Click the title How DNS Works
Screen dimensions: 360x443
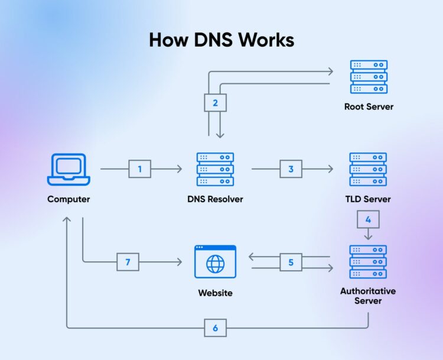tap(221, 40)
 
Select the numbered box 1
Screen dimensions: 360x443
tap(140, 169)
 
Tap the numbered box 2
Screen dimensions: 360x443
tap(215, 103)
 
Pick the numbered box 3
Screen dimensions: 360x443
tap(291, 169)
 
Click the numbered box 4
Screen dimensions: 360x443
tap(369, 219)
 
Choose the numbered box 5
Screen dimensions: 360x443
tap(291, 262)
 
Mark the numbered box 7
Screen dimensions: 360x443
tap(128, 262)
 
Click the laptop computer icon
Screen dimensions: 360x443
tap(69, 169)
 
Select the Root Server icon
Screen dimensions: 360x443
tap(369, 76)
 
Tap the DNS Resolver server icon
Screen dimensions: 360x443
tap(215, 169)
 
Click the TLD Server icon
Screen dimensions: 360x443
tap(369, 169)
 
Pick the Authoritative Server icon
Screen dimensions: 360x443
tap(369, 262)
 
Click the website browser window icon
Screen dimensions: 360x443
tap(215, 262)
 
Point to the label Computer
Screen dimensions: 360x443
tap(69, 199)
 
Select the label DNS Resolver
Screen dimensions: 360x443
tap(215, 199)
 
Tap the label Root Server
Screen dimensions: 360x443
tap(369, 107)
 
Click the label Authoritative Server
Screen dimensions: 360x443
tap(368, 296)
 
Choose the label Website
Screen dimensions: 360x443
tap(215, 293)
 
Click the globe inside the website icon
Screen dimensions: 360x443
tap(215, 264)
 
